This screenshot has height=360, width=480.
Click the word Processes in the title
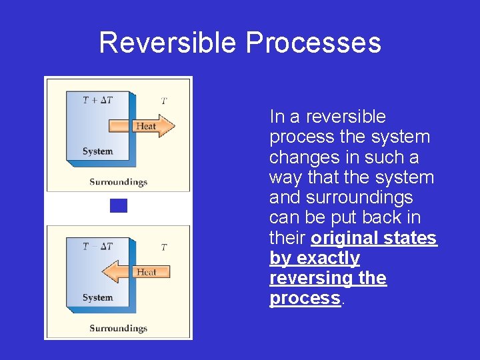[313, 43]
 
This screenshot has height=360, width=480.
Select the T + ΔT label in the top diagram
[98, 100]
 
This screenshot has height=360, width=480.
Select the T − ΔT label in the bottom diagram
[98, 246]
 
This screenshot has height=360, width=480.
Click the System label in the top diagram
[97, 151]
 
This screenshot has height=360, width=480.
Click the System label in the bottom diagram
[97, 297]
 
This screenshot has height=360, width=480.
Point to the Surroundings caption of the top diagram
[118, 181]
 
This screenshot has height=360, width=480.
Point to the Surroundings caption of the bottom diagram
[118, 328]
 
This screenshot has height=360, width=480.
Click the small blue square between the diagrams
[118, 205]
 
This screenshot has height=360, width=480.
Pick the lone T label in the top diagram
[164, 101]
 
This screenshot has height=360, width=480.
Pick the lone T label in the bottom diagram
[164, 247]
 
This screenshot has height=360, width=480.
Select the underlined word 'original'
[343, 238]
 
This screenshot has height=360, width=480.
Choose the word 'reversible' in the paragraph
[345, 117]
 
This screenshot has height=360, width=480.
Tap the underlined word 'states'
[411, 238]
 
